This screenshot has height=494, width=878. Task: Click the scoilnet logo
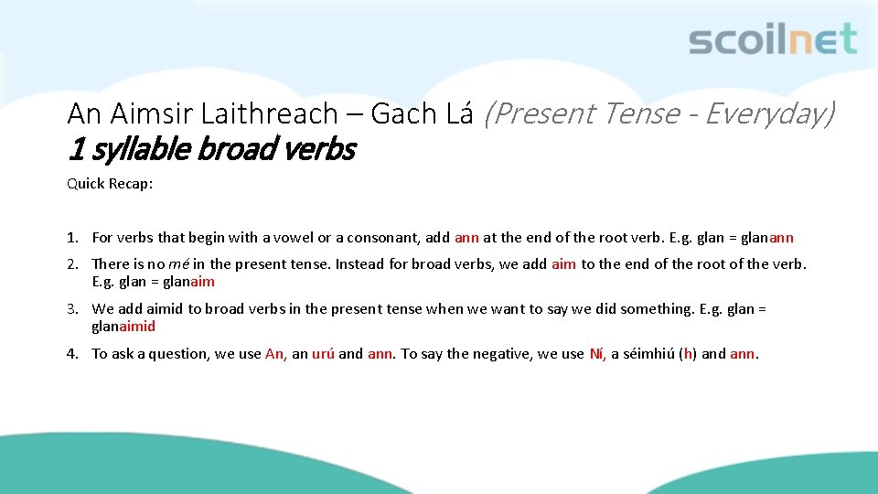[x=772, y=39]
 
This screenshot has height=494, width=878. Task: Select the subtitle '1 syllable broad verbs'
[x=211, y=148]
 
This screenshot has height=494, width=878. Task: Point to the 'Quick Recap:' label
[x=110, y=184]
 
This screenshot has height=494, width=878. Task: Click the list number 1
[x=71, y=238]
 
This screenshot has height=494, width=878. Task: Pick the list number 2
[x=71, y=264]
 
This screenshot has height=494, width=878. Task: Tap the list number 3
[x=71, y=309]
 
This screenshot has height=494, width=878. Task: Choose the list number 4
[x=71, y=354]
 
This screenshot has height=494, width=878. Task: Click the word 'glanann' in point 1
[x=767, y=238]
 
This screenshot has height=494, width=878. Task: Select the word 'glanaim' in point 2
[x=188, y=282]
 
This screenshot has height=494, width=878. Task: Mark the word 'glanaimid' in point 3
[x=123, y=327]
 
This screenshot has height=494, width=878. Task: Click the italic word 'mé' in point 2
[x=178, y=264]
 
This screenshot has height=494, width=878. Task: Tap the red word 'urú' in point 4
[x=323, y=354]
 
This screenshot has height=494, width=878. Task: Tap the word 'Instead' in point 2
[x=358, y=264]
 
